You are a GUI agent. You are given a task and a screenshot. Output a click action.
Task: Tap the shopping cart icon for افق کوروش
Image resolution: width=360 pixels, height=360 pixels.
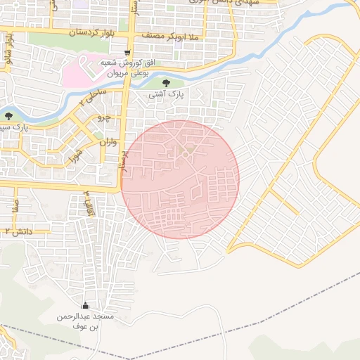(x=127, y=52)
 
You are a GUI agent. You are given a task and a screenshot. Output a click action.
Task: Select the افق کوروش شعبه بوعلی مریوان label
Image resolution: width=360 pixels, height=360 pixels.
(x=127, y=68)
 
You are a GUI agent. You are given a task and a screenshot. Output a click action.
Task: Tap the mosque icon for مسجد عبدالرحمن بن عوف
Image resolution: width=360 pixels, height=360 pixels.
(x=86, y=305)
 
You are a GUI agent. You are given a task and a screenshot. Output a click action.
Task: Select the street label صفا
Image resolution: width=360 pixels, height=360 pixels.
(x=15, y=205)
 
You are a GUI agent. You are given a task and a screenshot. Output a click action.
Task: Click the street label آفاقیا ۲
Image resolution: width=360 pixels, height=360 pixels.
(x=88, y=202)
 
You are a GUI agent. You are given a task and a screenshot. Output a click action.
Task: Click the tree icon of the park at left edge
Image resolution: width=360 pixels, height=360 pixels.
(x=8, y=116)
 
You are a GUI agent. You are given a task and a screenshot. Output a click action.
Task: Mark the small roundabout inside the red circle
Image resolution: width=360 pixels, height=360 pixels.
(x=186, y=154)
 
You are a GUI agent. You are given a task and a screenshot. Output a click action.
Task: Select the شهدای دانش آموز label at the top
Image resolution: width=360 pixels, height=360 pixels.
(x=239, y=4)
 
